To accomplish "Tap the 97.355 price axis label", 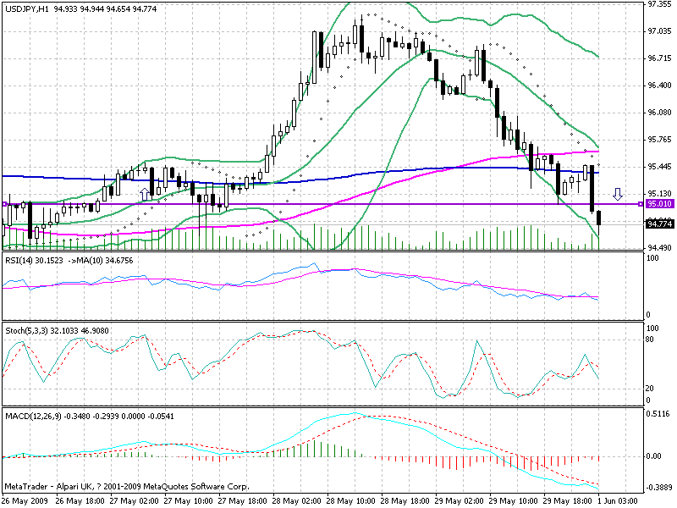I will [659, 4].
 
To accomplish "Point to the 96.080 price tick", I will [659, 112].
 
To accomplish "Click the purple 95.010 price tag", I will [659, 204].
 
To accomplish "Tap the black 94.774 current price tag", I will [659, 224].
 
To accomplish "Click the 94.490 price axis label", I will [659, 247].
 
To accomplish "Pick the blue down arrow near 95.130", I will [619, 194].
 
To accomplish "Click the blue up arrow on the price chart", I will [144, 194].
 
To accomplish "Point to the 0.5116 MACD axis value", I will [659, 414].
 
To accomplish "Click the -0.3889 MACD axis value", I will [659, 489].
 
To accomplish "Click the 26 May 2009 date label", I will [25, 501].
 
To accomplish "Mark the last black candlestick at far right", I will [599, 218].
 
